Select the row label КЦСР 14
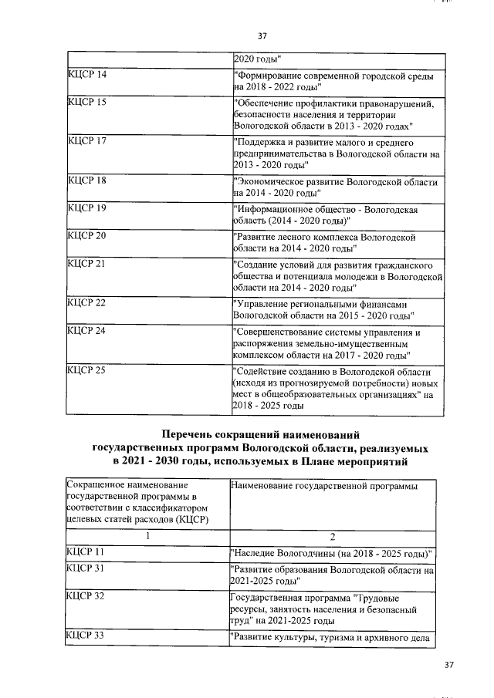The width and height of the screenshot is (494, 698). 86,74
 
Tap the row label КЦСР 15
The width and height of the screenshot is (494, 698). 86,102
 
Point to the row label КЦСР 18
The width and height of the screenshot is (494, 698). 86,181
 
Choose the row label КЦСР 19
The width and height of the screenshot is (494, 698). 86,209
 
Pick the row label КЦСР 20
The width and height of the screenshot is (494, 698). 86,236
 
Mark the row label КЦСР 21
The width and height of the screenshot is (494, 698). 86,264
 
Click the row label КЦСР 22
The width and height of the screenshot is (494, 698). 86,303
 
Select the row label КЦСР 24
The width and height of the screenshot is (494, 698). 86,332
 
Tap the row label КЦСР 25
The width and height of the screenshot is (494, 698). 86,371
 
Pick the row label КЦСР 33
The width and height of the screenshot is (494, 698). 86,636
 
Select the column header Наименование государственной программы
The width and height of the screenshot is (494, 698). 323,485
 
